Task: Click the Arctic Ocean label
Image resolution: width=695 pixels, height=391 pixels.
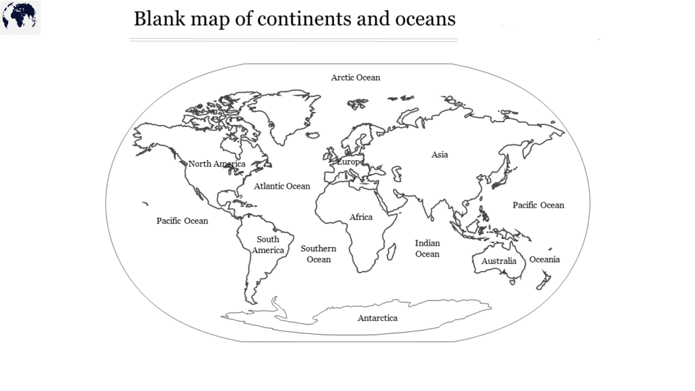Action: [x=356, y=77]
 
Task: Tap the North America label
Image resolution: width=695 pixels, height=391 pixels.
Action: [x=217, y=164]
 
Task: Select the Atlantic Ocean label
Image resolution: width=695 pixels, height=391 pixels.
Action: [x=282, y=186]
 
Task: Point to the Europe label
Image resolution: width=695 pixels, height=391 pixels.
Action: [x=350, y=162]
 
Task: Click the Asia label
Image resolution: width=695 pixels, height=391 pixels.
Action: [x=440, y=155]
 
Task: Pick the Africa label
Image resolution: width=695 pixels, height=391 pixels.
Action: [x=361, y=217]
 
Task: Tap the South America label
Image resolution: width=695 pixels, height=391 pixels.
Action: [x=268, y=245]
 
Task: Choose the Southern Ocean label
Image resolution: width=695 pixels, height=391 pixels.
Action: [x=318, y=254]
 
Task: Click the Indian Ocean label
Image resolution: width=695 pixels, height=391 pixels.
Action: [x=428, y=248]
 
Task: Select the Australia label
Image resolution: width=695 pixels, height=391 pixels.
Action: [x=499, y=261]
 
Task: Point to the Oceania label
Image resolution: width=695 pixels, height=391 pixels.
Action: [x=545, y=259]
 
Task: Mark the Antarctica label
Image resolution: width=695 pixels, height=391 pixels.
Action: [x=377, y=318]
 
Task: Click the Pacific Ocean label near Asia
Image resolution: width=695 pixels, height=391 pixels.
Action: [x=538, y=205]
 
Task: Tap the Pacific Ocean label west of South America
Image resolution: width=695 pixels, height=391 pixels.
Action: [x=183, y=221]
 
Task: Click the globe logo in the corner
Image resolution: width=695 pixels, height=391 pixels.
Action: [x=20, y=16]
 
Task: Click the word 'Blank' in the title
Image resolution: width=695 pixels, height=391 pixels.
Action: [x=157, y=18]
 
